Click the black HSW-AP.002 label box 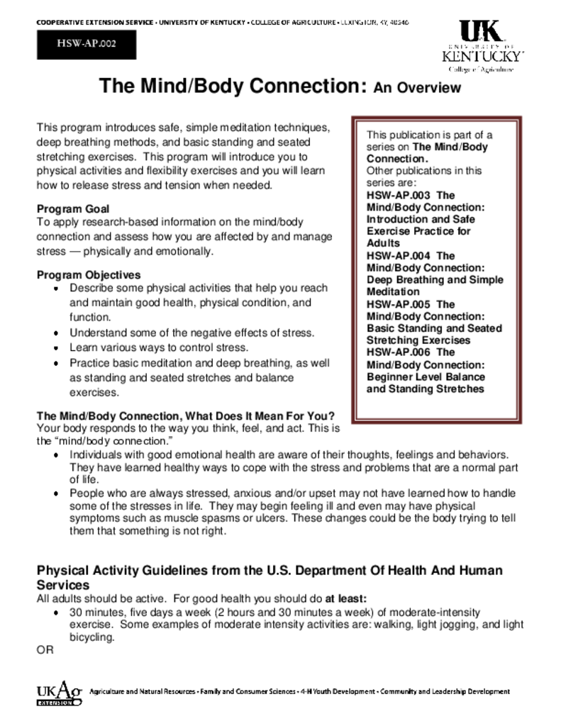[x=86, y=44]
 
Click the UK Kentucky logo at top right [x=482, y=45]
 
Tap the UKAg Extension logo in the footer [x=60, y=693]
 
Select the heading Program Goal [x=73, y=209]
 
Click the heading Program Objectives [x=89, y=275]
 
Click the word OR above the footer [x=45, y=650]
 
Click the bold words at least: [x=346, y=598]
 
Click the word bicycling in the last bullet [x=91, y=637]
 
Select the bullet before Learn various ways [x=57, y=348]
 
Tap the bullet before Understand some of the [x=57, y=333]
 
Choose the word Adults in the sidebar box [x=383, y=243]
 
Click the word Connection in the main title [x=306, y=86]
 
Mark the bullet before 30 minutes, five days [x=57, y=613]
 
